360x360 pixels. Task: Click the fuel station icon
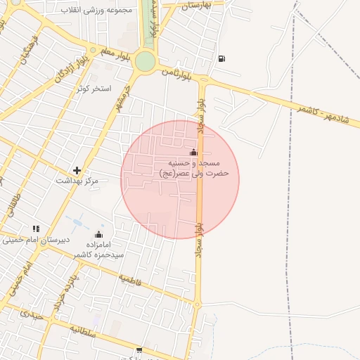(x=222, y=58)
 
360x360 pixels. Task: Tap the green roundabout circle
(x=145, y=61)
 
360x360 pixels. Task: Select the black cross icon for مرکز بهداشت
(x=77, y=170)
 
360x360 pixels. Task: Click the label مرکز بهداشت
(x=77, y=181)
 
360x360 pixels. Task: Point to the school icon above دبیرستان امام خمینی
(x=36, y=229)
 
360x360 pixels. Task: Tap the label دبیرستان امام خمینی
(x=35, y=240)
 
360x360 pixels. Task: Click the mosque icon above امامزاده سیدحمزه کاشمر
(x=98, y=234)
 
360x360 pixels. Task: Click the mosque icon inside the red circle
(x=193, y=153)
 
